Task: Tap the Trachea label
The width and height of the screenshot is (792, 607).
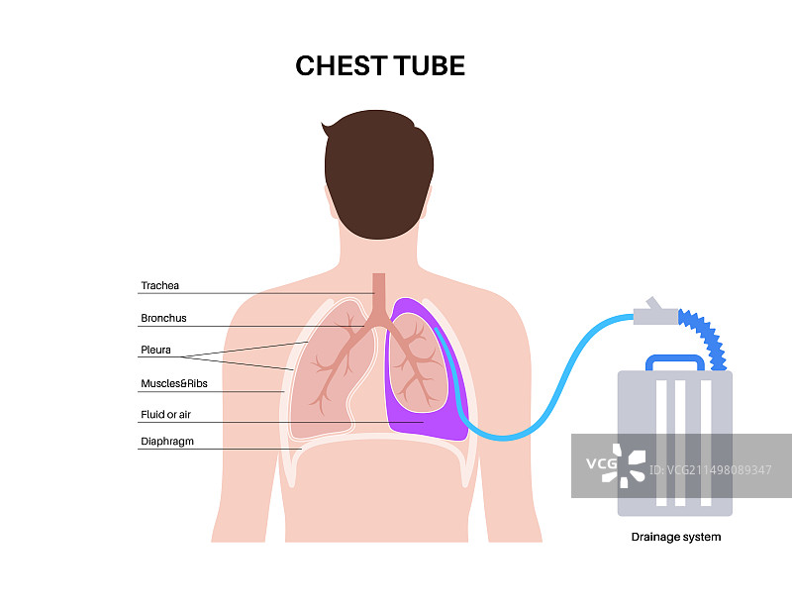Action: (x=159, y=286)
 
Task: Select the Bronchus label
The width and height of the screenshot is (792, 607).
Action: (x=163, y=318)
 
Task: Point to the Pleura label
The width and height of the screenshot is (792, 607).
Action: (x=155, y=350)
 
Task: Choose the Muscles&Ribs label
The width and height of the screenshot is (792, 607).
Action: (x=173, y=382)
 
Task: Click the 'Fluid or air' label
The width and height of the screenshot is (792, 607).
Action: (x=165, y=414)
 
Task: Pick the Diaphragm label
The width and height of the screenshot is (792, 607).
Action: (x=166, y=443)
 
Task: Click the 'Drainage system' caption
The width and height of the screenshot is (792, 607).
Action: (x=676, y=537)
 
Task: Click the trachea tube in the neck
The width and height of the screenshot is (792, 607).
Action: (x=378, y=288)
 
